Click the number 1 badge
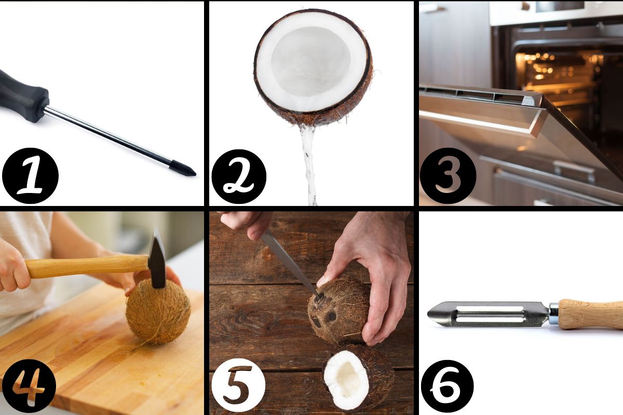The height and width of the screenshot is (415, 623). (30, 176)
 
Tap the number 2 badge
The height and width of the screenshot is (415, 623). (239, 176)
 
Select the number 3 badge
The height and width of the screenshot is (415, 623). (448, 176)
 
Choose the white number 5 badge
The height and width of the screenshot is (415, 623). (238, 385)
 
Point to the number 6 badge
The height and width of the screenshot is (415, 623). (447, 386)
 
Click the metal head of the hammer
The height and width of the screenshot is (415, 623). (157, 258)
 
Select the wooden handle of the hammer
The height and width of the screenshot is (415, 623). (86, 266)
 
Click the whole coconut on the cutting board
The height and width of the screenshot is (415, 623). (158, 312)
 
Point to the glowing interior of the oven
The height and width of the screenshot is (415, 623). (559, 75)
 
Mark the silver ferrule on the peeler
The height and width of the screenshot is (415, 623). (554, 314)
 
